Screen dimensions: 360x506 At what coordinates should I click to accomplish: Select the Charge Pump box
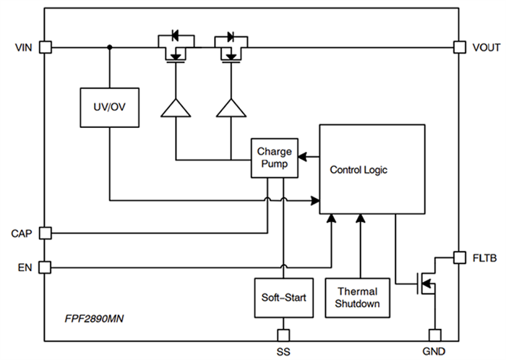[275, 158]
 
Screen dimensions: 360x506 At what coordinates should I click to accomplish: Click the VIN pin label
[23, 48]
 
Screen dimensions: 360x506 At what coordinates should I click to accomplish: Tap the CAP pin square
[44, 233]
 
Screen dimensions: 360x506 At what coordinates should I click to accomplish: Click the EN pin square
[44, 267]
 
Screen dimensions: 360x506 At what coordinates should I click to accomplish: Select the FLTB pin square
[459, 257]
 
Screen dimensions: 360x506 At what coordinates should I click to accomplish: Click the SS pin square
[283, 335]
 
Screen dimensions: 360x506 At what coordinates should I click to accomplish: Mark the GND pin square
[434, 335]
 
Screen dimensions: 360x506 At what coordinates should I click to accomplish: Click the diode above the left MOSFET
[173, 35]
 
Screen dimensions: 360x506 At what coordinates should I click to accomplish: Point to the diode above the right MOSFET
[231, 35]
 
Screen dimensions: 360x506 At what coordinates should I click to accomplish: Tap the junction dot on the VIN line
[109, 48]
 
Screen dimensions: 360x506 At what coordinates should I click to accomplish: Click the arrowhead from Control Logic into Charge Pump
[301, 155]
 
